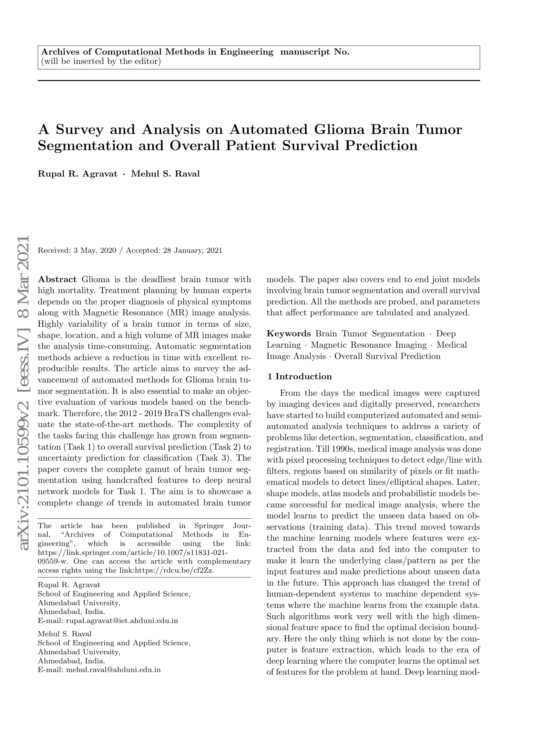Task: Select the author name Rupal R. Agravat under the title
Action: pos(77,174)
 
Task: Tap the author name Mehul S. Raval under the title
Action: pos(165,174)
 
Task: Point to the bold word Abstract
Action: pos(57,280)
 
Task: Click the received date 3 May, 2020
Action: pos(95,250)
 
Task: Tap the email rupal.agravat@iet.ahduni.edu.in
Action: pos(122,621)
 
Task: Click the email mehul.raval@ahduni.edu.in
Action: pos(113,669)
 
